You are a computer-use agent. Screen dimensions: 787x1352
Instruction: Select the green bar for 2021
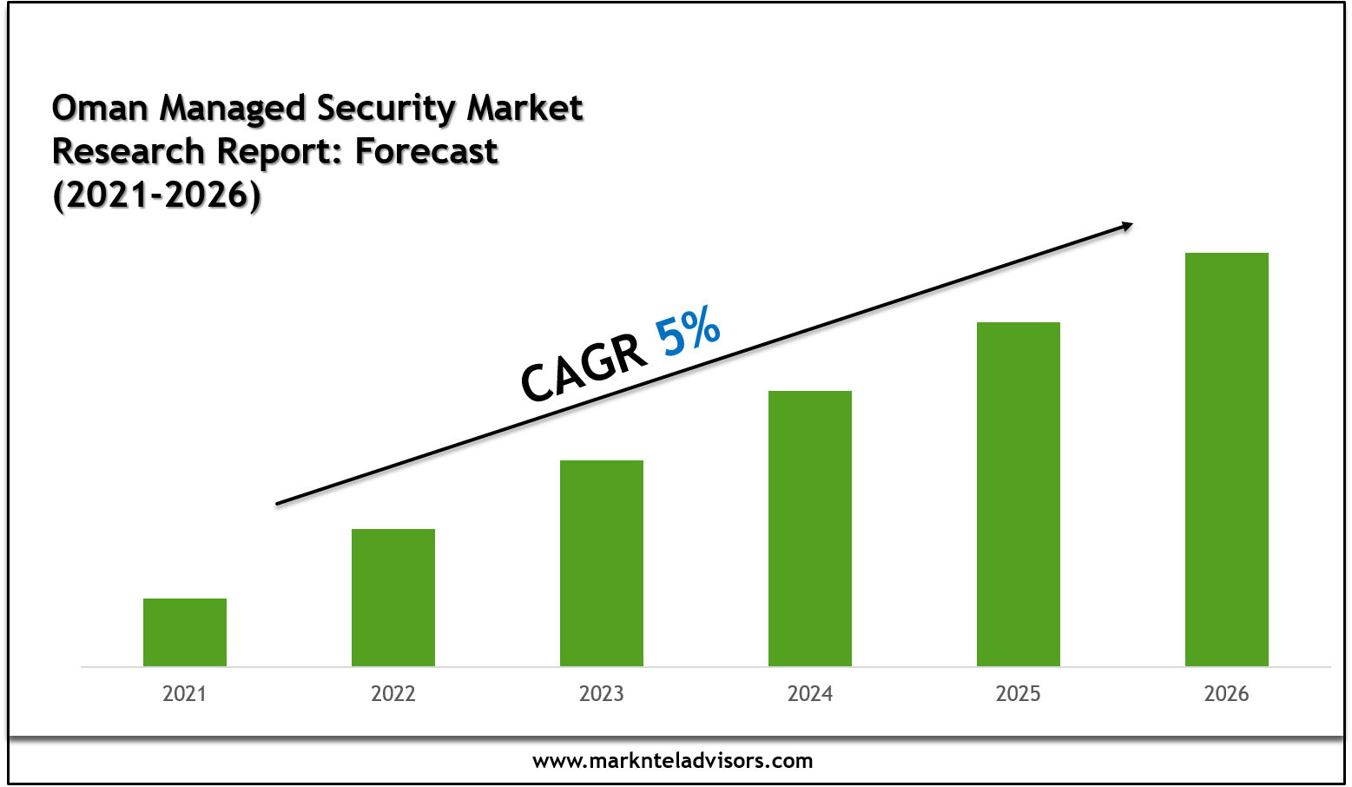tap(185, 632)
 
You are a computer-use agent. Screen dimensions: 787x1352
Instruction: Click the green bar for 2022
tap(393, 598)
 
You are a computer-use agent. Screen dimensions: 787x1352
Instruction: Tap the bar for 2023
tap(602, 563)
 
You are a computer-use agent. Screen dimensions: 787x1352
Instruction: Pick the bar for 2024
tap(810, 528)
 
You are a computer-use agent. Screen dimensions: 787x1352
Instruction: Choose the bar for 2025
tap(1019, 494)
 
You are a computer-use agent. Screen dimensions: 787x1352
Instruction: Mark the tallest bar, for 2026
tap(1226, 460)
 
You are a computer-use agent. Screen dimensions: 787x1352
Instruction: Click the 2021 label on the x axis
tap(185, 693)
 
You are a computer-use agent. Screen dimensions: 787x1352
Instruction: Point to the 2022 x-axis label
tap(393, 693)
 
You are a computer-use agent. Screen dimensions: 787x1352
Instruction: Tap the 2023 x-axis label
tap(602, 693)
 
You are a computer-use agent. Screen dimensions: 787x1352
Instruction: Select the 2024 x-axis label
tap(810, 693)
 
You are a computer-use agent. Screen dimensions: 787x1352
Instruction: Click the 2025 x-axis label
tap(1019, 693)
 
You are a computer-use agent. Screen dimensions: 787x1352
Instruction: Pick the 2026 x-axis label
tap(1226, 693)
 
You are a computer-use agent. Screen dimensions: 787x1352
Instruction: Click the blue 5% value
tap(688, 331)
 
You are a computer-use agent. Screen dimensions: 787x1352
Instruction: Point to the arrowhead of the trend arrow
tap(1127, 227)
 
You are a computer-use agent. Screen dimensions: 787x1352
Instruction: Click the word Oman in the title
tap(100, 109)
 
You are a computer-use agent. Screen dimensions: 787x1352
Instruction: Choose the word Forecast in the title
tap(426, 151)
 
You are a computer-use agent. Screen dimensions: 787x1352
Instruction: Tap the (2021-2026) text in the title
tap(157, 195)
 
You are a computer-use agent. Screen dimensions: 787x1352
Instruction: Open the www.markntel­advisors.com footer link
tap(673, 761)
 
